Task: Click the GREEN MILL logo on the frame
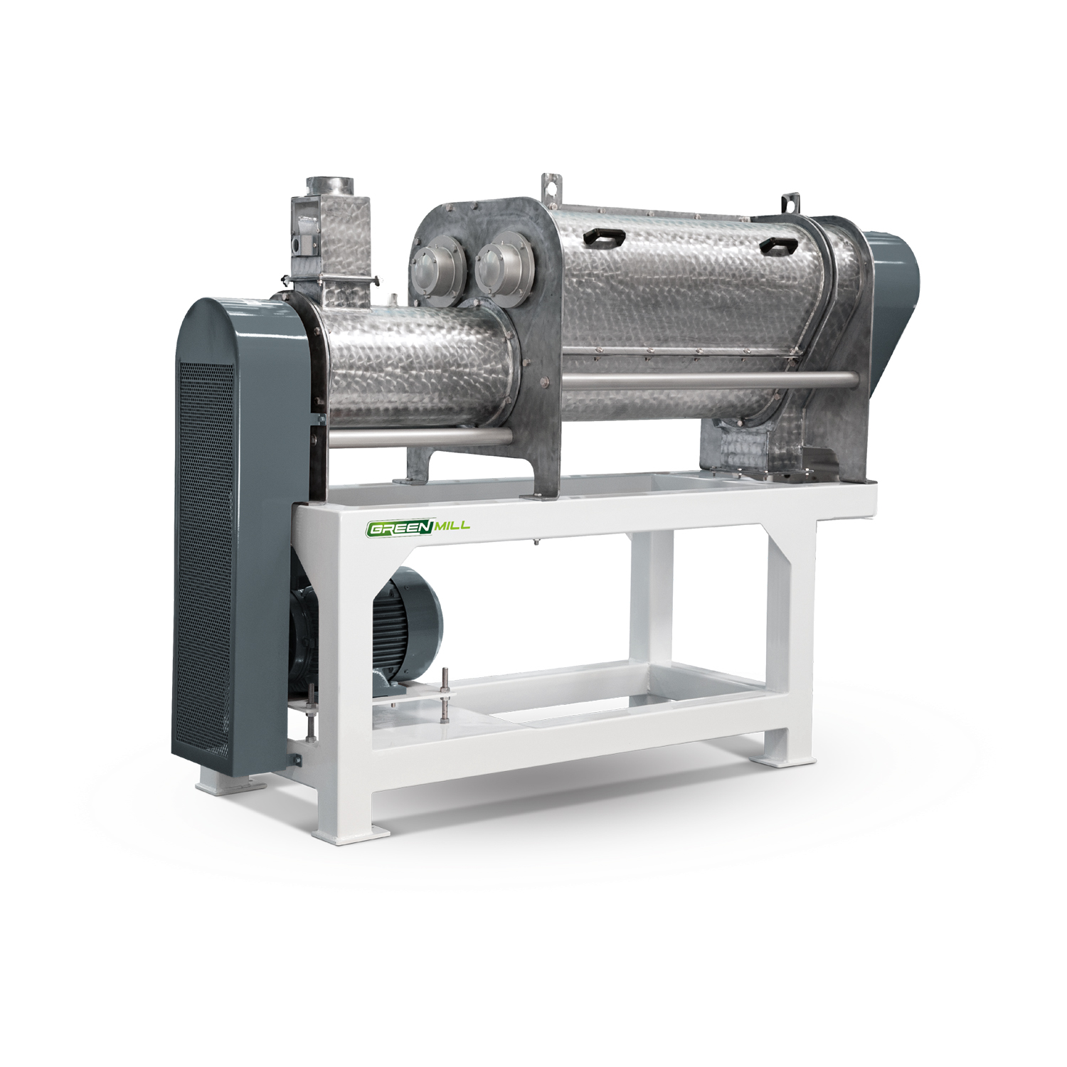[418, 528]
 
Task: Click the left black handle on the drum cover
[603, 238]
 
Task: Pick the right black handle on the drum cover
[780, 245]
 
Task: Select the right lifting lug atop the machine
[788, 203]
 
